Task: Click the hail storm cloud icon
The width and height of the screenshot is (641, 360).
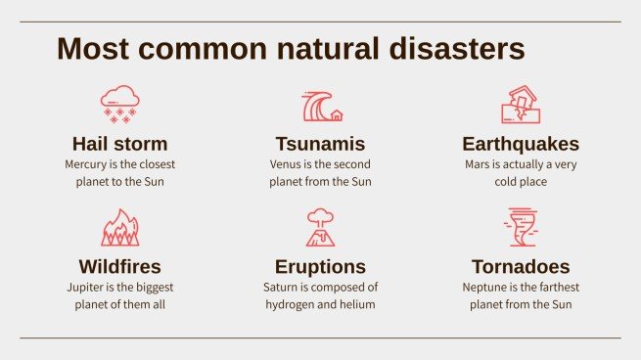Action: point(119,104)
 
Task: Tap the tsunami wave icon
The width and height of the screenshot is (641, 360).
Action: point(321,105)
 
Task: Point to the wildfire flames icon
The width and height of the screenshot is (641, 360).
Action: point(119,227)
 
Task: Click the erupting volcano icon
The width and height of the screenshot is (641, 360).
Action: point(320,227)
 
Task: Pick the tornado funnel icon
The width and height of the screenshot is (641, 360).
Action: point(520,227)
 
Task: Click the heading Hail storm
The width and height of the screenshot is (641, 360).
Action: point(119,144)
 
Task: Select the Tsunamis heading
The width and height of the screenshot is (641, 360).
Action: point(320,144)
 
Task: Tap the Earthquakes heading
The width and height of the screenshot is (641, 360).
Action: point(521,144)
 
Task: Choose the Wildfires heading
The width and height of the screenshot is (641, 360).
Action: point(119,266)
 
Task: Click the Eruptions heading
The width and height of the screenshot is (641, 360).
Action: point(320,266)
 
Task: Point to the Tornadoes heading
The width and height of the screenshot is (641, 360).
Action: point(521,266)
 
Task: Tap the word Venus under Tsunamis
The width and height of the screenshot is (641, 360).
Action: point(286,164)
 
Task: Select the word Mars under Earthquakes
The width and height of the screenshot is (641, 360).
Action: point(478,164)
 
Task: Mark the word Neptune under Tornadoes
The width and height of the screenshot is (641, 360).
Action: point(485,288)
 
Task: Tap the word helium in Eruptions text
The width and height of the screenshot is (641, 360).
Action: point(358,304)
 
